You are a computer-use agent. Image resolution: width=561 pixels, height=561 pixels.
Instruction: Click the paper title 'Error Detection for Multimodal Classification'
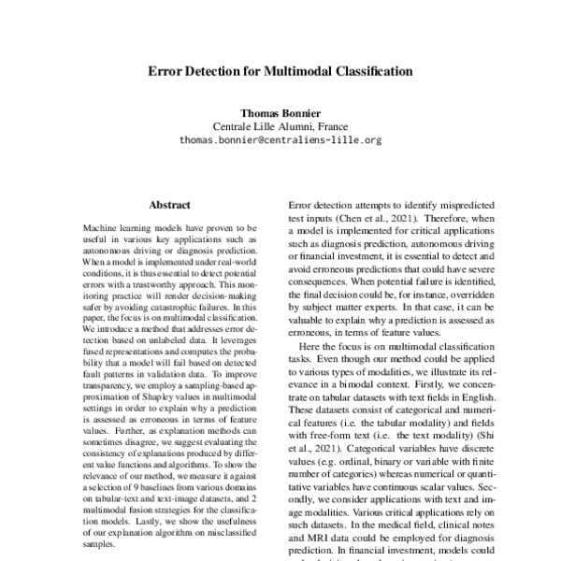point(280,70)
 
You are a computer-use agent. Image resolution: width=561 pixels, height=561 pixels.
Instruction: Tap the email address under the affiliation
point(280,140)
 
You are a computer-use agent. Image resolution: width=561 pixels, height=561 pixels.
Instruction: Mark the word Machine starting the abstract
point(102,227)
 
